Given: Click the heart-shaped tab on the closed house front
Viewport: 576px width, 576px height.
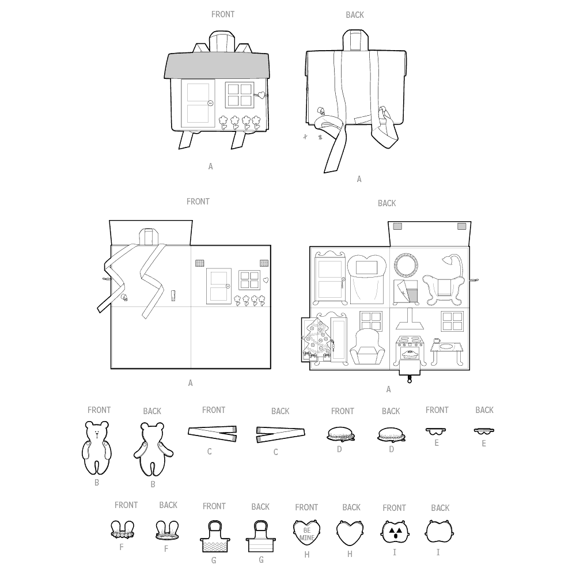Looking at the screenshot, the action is [260, 95].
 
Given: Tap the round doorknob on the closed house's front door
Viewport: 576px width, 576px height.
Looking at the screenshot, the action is [210, 103].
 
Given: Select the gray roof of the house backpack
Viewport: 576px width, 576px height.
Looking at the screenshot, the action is [217, 66].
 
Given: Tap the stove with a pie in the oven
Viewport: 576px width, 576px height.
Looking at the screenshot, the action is [410, 350].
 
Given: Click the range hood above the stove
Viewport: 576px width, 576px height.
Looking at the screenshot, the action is [409, 319].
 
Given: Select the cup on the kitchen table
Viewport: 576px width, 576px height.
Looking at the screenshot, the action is [437, 340].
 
